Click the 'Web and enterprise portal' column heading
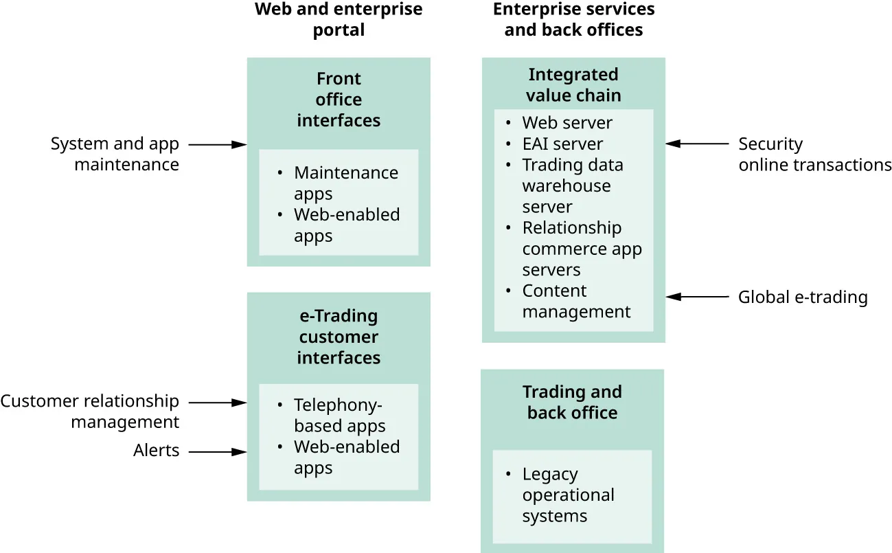click(x=339, y=20)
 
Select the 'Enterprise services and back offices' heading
click(x=573, y=20)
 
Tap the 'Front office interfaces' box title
click(x=339, y=100)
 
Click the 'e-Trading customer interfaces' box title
click(x=339, y=337)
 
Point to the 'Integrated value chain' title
click(x=573, y=85)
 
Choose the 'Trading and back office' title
click(x=572, y=403)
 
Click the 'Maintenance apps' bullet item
click(x=345, y=183)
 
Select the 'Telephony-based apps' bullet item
click(x=339, y=415)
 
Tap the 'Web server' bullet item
click(x=567, y=123)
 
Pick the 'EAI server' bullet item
click(x=562, y=144)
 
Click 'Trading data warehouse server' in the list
click(x=572, y=186)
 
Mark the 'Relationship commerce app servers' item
click(x=581, y=249)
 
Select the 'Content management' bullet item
click(x=575, y=302)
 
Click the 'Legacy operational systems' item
click(x=567, y=495)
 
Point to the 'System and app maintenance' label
click(x=115, y=155)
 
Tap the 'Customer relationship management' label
click(x=90, y=411)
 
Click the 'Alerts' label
click(x=156, y=451)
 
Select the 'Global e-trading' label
click(x=802, y=297)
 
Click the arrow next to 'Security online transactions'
click(x=697, y=144)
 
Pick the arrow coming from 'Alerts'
click(x=217, y=452)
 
